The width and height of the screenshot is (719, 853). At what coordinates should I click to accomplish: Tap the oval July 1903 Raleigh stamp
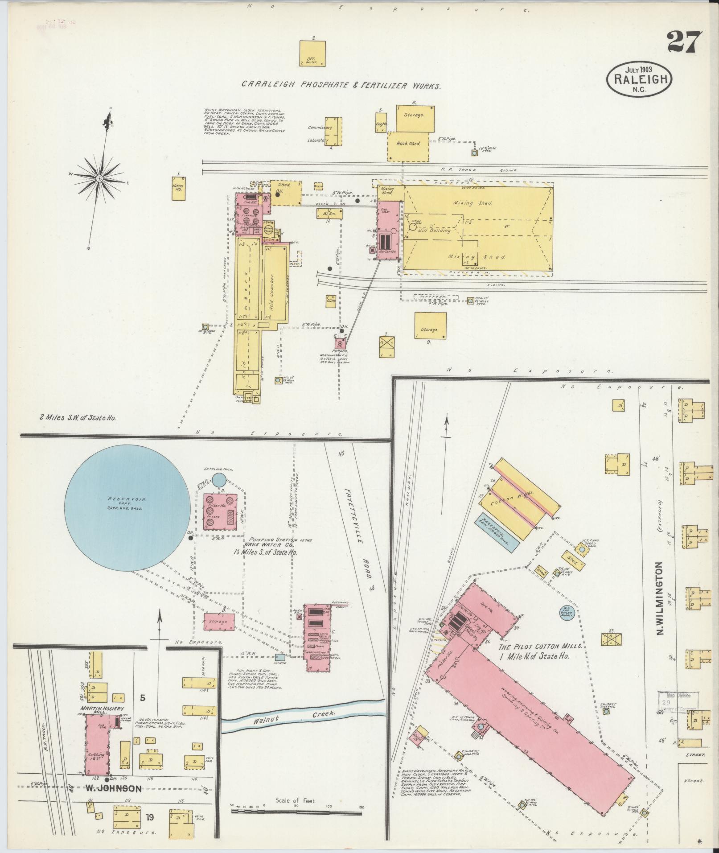(x=639, y=79)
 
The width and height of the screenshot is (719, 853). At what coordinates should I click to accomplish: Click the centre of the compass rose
(x=99, y=179)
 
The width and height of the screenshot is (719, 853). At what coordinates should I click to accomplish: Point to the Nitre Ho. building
(x=179, y=189)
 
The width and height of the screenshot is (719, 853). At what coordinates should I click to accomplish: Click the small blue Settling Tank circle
(x=218, y=480)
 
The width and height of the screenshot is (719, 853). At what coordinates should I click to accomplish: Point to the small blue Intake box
(x=280, y=657)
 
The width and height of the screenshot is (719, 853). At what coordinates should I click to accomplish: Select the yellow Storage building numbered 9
(x=430, y=326)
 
